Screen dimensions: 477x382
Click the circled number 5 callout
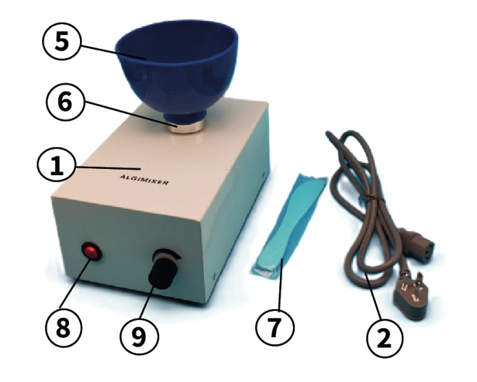tap(61, 41)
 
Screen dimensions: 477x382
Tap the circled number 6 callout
tap(65, 101)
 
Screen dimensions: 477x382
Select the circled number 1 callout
tap(57, 166)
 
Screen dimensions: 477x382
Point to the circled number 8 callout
tap(63, 328)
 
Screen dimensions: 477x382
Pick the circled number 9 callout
tap(139, 336)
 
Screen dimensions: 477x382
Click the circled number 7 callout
tap(275, 328)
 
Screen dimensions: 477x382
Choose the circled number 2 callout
tap(384, 337)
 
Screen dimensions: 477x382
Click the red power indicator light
tap(92, 252)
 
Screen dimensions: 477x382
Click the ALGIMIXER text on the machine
tap(144, 179)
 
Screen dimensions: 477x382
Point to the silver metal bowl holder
tap(185, 127)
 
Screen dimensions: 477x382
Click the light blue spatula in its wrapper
tap(287, 226)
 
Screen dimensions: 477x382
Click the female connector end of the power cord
tap(418, 244)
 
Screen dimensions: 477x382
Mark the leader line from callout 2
tap(374, 296)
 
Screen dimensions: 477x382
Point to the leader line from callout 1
tap(108, 167)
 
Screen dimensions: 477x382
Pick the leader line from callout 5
tap(112, 52)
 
